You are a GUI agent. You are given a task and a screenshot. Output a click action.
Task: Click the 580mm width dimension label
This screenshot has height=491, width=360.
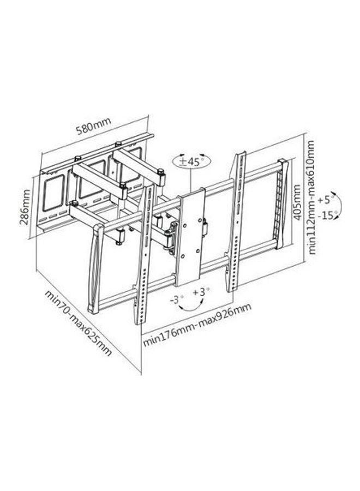pyautogui.click(x=93, y=124)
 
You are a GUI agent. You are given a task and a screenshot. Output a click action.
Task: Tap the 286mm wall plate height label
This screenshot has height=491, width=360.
pyautogui.click(x=26, y=207)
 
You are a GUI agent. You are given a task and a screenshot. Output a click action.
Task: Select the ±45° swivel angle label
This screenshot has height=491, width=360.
pyautogui.click(x=191, y=162)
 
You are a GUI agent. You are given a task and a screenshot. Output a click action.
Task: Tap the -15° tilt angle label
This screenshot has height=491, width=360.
pyautogui.click(x=327, y=216)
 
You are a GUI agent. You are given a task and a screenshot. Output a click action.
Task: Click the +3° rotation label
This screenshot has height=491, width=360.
pyautogui.click(x=201, y=292)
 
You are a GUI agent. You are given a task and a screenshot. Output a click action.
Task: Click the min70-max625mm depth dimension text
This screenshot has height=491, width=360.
pyautogui.click(x=78, y=323)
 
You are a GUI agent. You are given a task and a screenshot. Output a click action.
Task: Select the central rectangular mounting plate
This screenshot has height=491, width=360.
pyautogui.click(x=190, y=237)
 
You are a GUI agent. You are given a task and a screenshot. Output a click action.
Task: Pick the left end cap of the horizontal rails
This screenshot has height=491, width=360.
pyautogui.click(x=97, y=270)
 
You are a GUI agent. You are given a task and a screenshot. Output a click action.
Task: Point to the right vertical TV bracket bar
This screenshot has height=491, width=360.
pyautogui.click(x=237, y=222)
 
